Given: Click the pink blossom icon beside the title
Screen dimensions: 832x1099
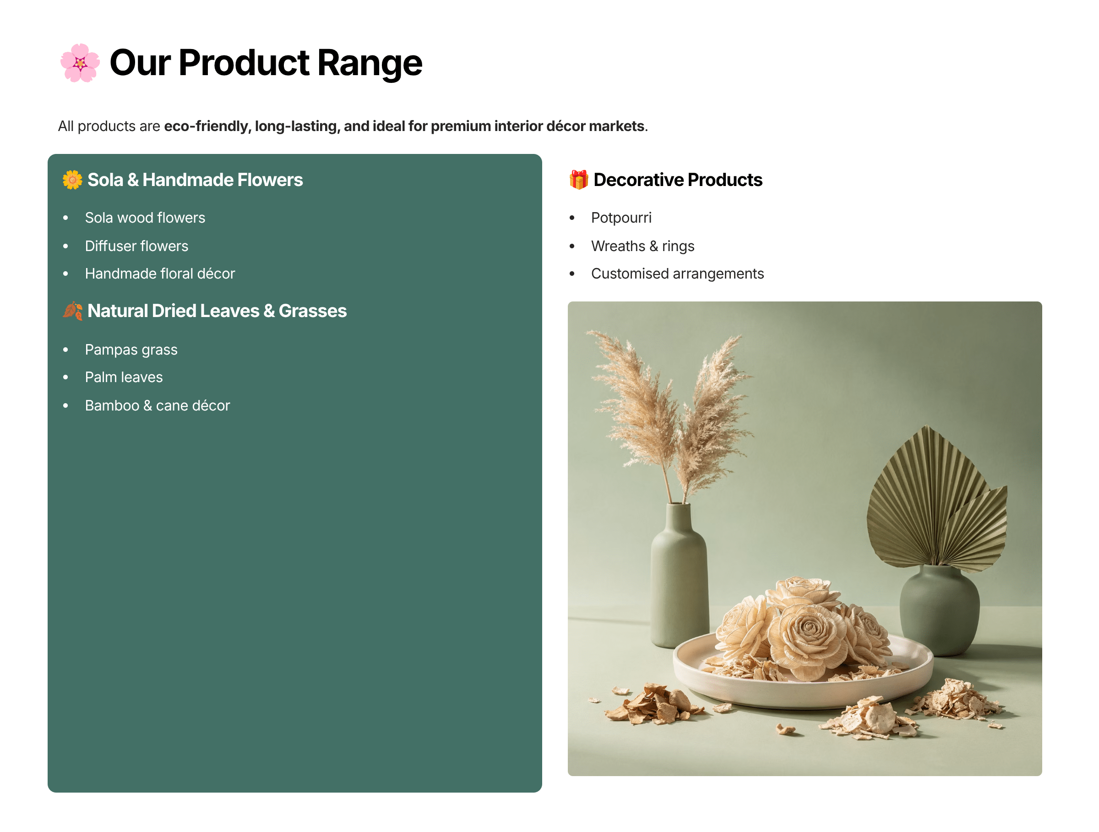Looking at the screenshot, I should (x=80, y=63).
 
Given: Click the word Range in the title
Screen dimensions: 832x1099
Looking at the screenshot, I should (x=370, y=64).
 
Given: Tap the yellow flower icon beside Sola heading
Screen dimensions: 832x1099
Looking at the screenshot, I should (x=72, y=180).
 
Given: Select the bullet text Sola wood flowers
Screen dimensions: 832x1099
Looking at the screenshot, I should (x=145, y=218).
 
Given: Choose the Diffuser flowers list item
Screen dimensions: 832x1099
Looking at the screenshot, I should (x=136, y=246).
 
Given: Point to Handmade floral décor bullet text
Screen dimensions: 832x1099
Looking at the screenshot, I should (x=160, y=274).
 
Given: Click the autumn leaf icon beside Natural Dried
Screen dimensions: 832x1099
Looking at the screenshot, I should (x=72, y=311).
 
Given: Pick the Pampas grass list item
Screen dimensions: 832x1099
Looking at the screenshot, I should (x=131, y=350).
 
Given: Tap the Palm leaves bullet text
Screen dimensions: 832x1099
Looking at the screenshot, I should (x=124, y=378).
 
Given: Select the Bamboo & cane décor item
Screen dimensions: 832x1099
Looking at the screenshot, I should (x=158, y=406).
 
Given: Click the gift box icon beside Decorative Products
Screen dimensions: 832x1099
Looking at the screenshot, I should (x=579, y=180).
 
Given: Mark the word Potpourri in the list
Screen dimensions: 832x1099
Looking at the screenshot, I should (x=621, y=218).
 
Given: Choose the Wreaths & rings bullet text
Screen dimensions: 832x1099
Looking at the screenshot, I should (x=642, y=246).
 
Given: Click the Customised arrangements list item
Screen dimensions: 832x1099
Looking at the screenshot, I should (x=677, y=274).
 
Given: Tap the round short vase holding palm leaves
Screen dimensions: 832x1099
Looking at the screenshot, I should (x=939, y=611).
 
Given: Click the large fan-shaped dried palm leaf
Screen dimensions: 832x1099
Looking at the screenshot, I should (x=924, y=502).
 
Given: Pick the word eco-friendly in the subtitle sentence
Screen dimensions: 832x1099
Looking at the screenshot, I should (x=207, y=126).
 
